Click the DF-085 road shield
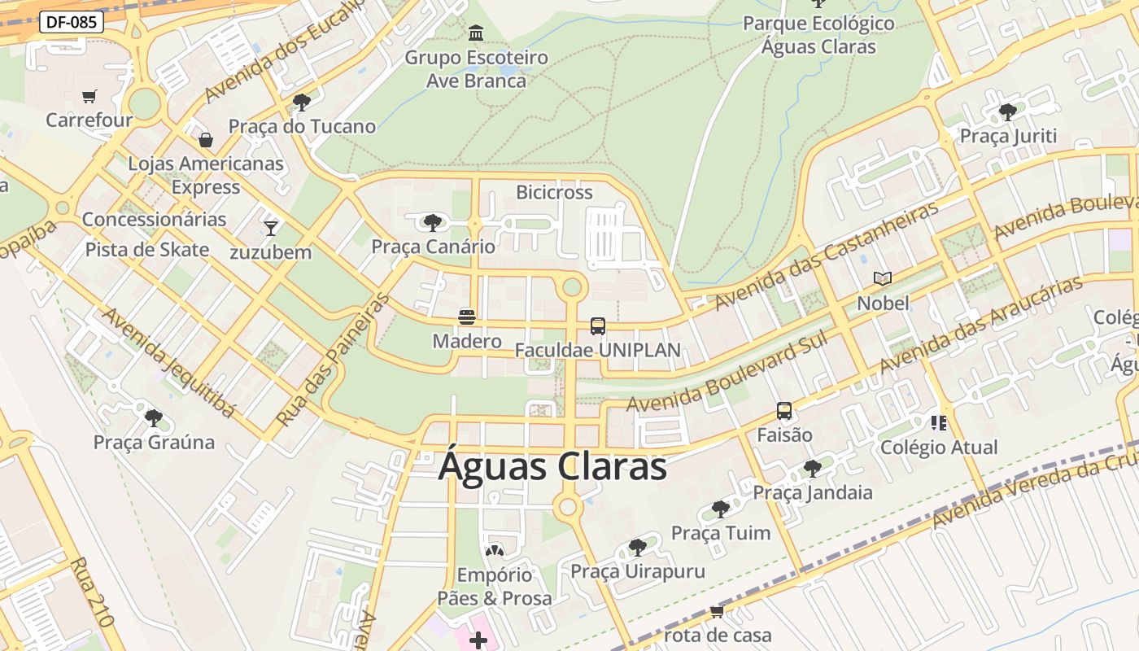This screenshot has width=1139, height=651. tap(71, 22)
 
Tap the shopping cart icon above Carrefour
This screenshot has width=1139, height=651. tap(89, 97)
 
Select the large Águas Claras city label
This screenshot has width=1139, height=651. tap(552, 467)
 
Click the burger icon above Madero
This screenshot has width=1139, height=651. tap(467, 317)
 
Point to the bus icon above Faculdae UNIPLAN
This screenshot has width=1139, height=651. tap(598, 326)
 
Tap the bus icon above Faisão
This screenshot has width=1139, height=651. tap(784, 411)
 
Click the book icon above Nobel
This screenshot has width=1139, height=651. tap(883, 279)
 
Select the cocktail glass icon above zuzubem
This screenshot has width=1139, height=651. tap(271, 228)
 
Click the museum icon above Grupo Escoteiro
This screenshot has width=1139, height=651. tap(476, 33)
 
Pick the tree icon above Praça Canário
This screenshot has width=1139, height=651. tap(433, 222)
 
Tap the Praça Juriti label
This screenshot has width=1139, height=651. tap(1008, 136)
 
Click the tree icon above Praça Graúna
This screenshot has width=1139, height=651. tap(153, 418)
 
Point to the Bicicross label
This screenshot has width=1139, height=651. tap(554, 192)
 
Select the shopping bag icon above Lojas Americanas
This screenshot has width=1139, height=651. tap(206, 140)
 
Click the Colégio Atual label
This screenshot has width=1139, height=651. tap(939, 447)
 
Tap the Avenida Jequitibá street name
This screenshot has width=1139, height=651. tap(169, 363)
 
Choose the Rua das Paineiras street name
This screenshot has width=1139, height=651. tap(334, 360)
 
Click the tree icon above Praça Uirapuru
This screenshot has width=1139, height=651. tap(638, 547)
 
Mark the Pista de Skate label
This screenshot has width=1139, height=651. tap(147, 249)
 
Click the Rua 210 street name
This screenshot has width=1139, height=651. tap(91, 592)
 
